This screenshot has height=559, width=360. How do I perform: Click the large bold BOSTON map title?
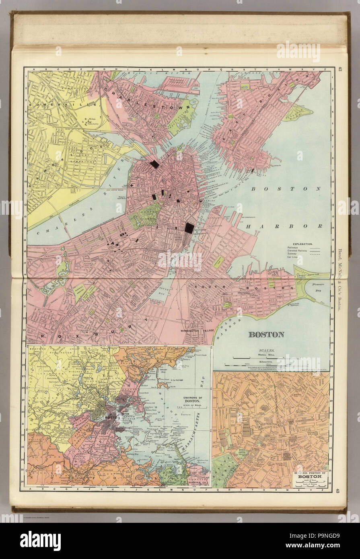pos(266,334)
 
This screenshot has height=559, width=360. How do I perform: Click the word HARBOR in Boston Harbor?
pos(284,226)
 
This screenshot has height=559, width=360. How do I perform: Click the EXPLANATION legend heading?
pos(301,245)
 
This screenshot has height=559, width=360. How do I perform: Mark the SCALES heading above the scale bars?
pos(267,351)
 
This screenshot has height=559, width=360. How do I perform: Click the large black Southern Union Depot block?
pos(189,228)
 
